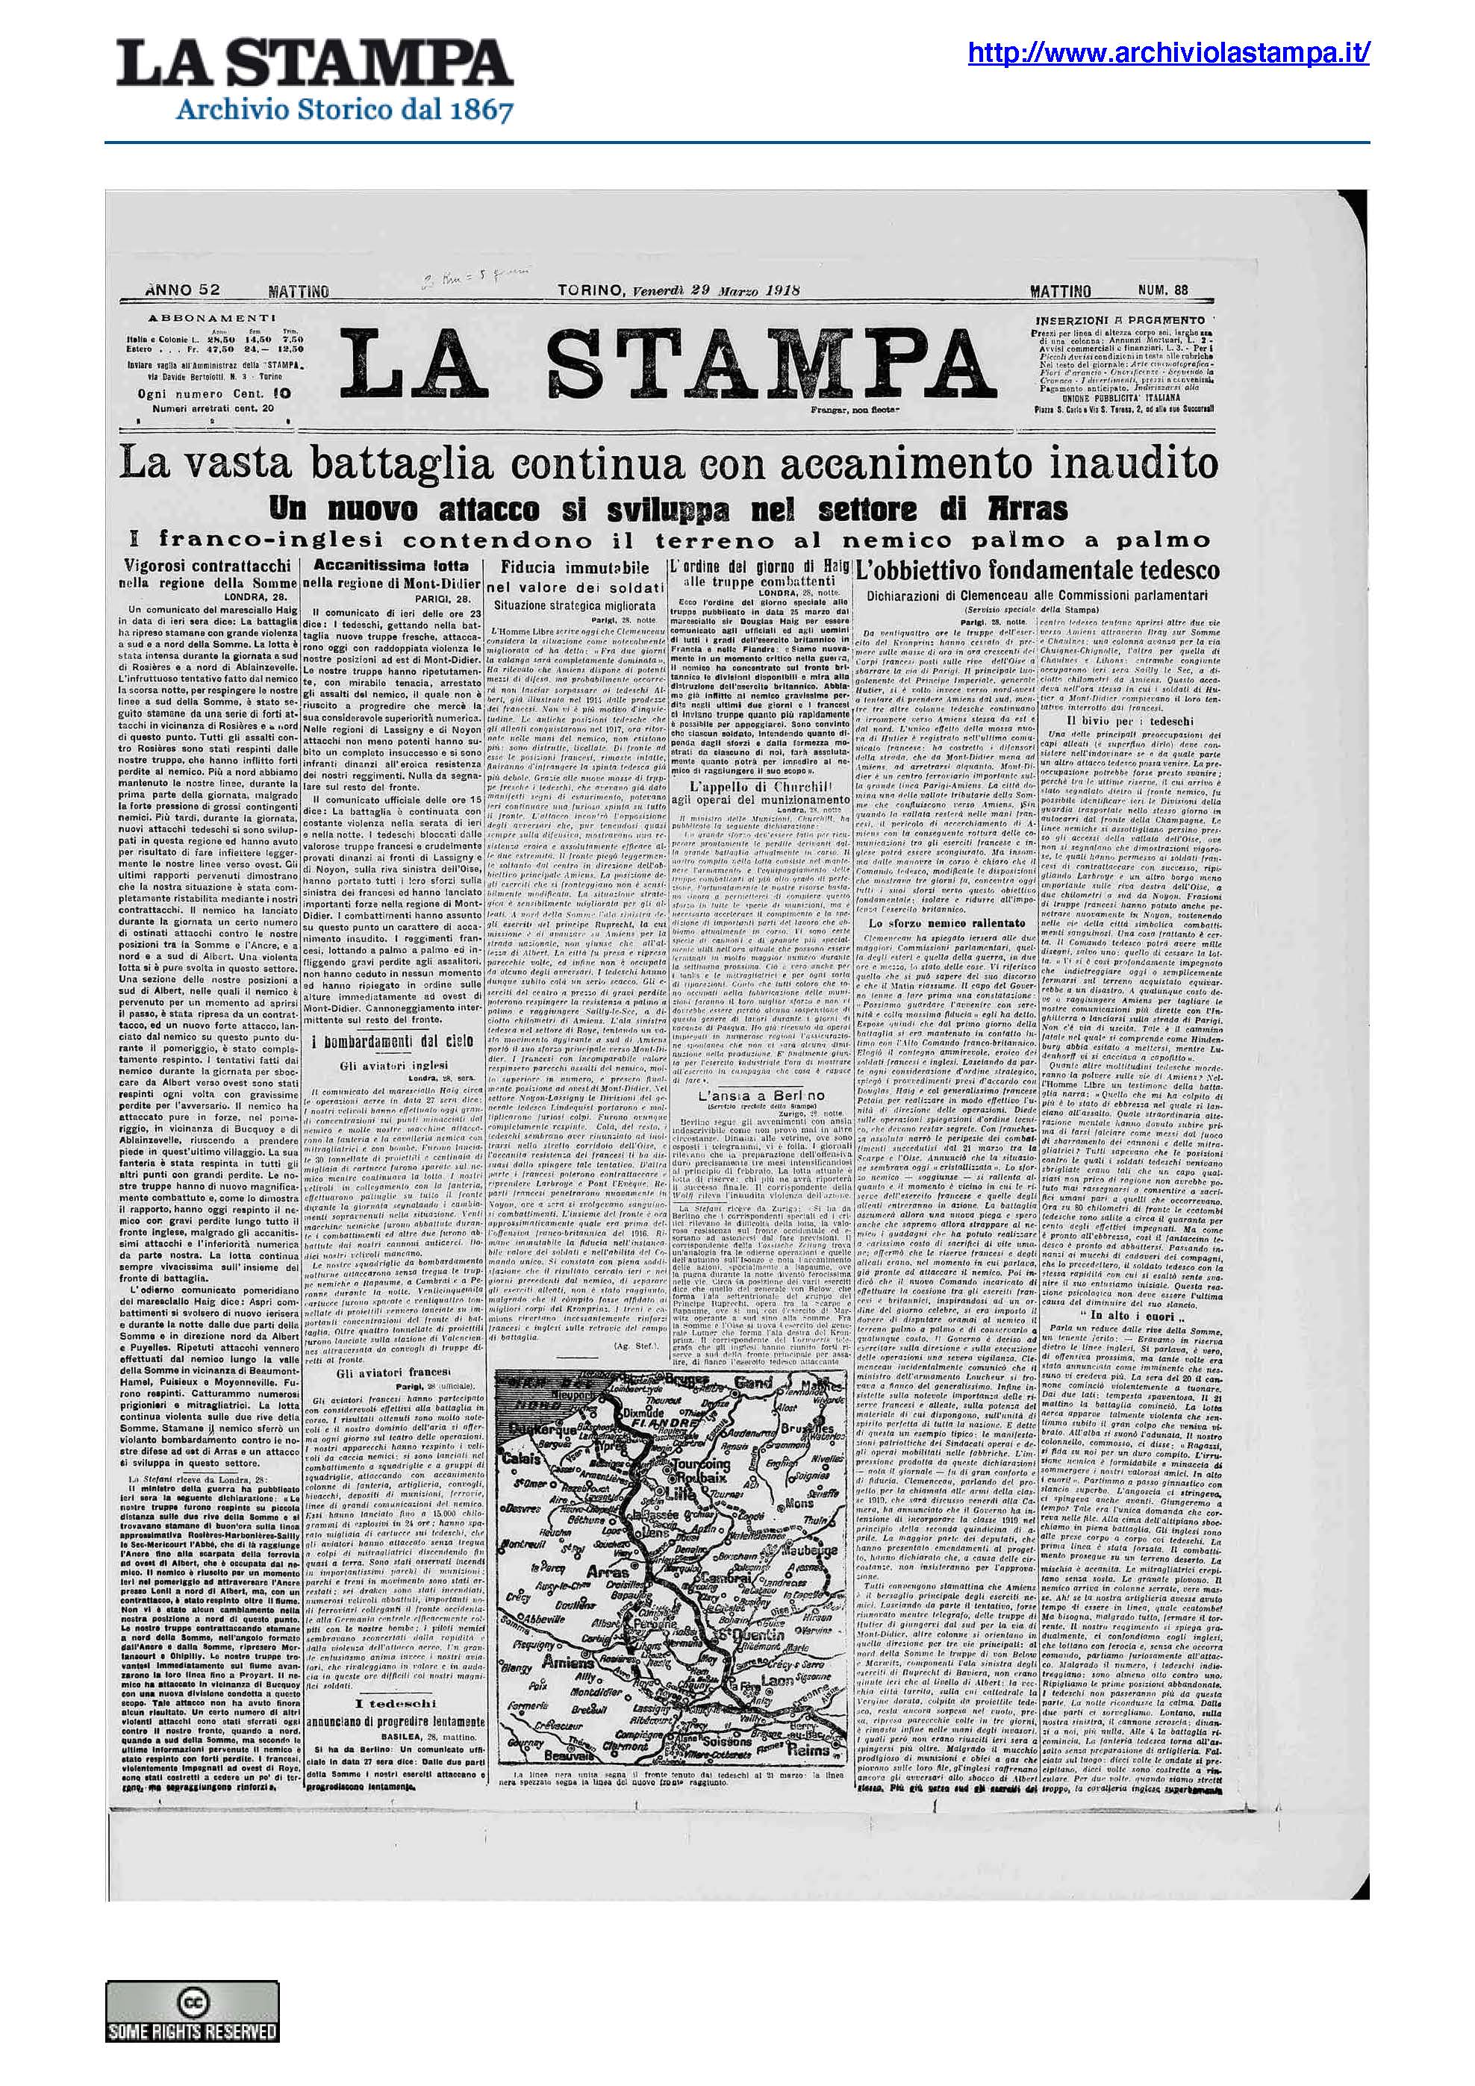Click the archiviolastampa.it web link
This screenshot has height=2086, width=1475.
click(1167, 54)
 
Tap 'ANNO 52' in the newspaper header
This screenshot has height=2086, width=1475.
click(181, 291)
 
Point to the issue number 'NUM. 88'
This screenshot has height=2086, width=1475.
click(1162, 291)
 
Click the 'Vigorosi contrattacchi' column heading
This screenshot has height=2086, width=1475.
click(208, 566)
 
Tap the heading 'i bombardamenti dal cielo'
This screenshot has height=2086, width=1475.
click(393, 1041)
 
